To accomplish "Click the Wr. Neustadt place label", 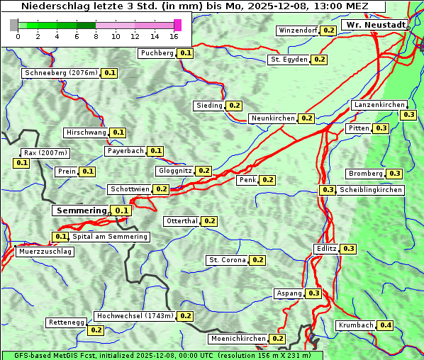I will [376, 25].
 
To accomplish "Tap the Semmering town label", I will [81, 210].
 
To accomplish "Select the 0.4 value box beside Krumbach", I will [385, 325].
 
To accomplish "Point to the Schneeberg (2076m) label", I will [60, 73].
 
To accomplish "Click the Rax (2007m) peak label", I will [45, 153].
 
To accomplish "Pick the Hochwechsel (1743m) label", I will [134, 316].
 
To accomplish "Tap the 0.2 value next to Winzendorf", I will [328, 30].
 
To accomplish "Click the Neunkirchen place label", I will [273, 118].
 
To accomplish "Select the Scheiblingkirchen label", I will [370, 190].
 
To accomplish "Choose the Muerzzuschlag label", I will [45, 252].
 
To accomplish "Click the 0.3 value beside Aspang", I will [314, 293].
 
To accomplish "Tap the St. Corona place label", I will [227, 260].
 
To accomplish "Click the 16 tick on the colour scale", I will [174, 36].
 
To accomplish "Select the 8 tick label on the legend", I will [96, 36].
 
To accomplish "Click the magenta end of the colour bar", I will [177, 25].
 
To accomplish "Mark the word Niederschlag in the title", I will [54, 6].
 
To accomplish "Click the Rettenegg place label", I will [67, 322].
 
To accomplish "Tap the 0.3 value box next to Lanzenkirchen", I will [408, 115].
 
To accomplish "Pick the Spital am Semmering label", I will [110, 237].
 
